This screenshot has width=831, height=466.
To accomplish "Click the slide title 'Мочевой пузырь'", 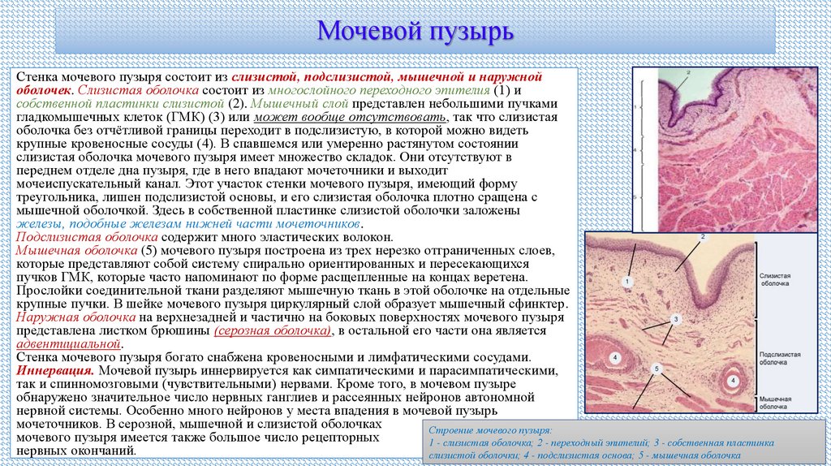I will coord(415,32).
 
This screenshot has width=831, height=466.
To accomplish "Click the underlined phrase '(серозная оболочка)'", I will coord(273,331).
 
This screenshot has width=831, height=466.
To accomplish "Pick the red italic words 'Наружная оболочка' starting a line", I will coord(70,318).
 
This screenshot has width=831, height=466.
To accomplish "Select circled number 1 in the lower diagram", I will coord(626,281).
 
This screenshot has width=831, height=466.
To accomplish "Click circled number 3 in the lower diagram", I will coord(674,319).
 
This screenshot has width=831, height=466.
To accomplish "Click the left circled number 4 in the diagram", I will coord(615,358).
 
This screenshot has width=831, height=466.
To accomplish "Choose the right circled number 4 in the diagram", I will coord(733,379).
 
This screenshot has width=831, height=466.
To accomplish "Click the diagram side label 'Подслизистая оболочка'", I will coord(780,361).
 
